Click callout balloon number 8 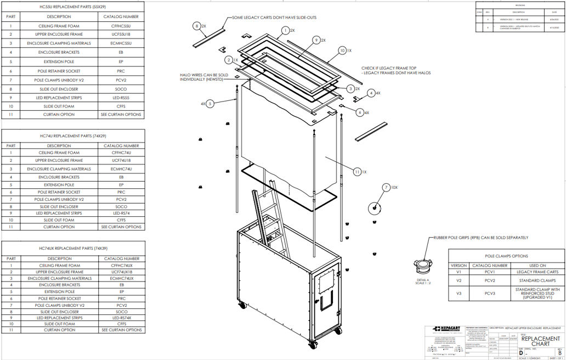point(196,26)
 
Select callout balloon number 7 point(387,188)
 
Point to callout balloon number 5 point(210,103)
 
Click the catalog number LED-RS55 point(121,97)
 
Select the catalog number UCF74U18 point(121,161)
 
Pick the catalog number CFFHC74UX point(121,265)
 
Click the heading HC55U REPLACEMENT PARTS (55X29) point(73,7)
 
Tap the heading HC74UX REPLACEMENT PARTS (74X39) point(73,248)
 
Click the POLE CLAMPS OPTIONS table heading point(506,256)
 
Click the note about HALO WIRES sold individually point(204,77)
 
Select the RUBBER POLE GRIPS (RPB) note point(480,238)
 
